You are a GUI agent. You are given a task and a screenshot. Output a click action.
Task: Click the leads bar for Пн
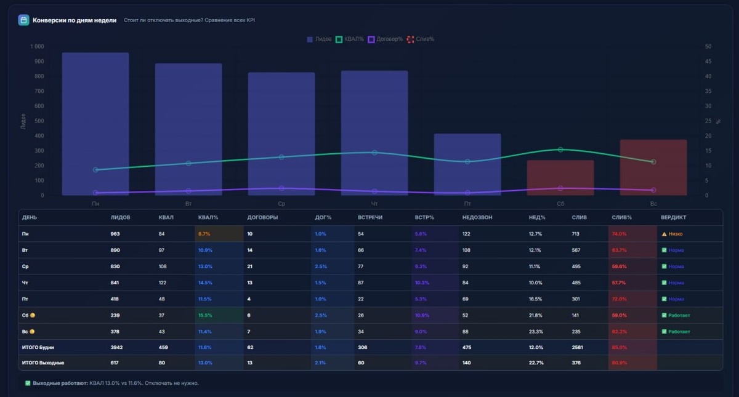[95, 124]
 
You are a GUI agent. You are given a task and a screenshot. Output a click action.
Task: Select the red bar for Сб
[560, 178]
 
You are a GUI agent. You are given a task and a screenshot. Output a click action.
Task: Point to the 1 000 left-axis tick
[37, 47]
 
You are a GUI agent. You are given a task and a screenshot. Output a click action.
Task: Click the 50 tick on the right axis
[708, 47]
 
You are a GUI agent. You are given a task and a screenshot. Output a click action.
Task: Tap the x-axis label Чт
[374, 203]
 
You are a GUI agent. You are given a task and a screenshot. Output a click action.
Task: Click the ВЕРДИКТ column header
[673, 217]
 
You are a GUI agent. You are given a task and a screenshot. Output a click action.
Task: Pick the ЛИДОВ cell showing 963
[115, 234]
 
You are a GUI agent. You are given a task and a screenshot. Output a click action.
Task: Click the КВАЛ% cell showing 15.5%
[206, 315]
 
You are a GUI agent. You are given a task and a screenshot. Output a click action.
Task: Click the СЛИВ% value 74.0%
[619, 234]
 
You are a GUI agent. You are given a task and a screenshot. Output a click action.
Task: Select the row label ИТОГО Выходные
[43, 363]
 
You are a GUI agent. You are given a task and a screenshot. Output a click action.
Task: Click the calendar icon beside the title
[23, 20]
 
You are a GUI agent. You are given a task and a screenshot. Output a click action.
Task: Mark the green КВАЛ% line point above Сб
[560, 150]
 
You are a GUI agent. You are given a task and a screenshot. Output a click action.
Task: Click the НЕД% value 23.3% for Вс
[536, 331]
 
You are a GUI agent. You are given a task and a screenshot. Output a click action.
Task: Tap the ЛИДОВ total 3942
[116, 347]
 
